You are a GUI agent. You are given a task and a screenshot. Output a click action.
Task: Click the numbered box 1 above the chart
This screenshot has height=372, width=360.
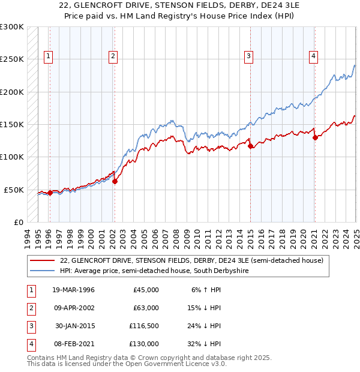49,57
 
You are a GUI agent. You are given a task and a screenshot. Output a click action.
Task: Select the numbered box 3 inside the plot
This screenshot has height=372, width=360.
248,57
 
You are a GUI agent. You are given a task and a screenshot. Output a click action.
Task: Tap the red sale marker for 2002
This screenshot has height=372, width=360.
115,181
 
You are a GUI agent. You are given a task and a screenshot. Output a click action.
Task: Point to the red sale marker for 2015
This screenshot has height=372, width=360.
250,146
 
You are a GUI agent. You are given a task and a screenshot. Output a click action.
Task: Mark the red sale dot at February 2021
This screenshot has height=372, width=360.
315,137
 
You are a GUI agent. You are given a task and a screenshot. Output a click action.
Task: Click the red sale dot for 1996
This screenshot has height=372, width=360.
50,193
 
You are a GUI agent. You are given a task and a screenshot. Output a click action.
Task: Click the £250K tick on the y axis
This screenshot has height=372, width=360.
12,59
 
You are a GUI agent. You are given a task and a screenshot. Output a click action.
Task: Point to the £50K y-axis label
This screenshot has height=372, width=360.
14,190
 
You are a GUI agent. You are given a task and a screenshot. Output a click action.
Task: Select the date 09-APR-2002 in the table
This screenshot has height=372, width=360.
73,308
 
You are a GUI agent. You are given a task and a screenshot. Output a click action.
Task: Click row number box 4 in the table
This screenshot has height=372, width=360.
31,344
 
